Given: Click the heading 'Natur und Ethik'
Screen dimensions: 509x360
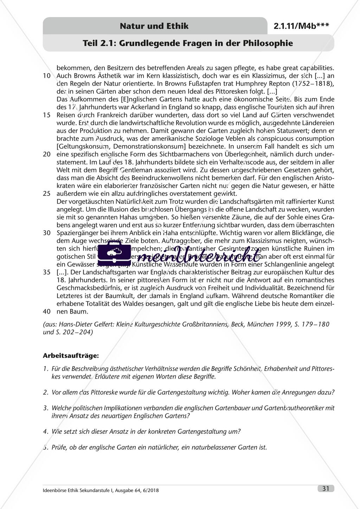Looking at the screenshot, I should tap(154, 26).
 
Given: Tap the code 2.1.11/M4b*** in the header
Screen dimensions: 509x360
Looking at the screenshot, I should tap(301, 26).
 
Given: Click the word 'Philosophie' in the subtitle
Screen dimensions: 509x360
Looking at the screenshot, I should tap(270, 43).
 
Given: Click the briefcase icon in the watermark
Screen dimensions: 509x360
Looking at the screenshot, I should tap(109, 253).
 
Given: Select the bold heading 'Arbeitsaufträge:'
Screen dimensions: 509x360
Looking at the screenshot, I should tap(71, 355).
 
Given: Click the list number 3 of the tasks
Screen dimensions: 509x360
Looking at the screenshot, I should tap(45, 408).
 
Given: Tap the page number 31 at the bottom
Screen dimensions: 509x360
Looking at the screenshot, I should tap(326, 488).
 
